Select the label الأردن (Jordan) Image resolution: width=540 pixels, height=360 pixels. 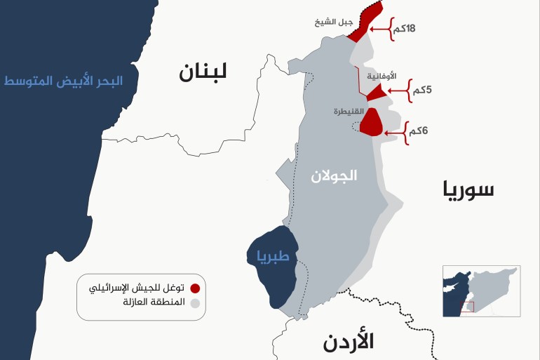point(349,342)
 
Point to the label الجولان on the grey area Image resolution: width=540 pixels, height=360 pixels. point(334,175)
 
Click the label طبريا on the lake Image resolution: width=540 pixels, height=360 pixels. point(268,256)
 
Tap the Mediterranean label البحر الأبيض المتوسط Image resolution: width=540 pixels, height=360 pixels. point(63,81)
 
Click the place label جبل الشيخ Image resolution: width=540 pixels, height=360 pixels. point(335,23)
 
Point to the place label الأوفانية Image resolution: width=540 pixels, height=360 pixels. point(382,75)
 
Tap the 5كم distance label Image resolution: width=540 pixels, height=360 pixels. point(422,91)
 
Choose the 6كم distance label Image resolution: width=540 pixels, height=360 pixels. point(419,131)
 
